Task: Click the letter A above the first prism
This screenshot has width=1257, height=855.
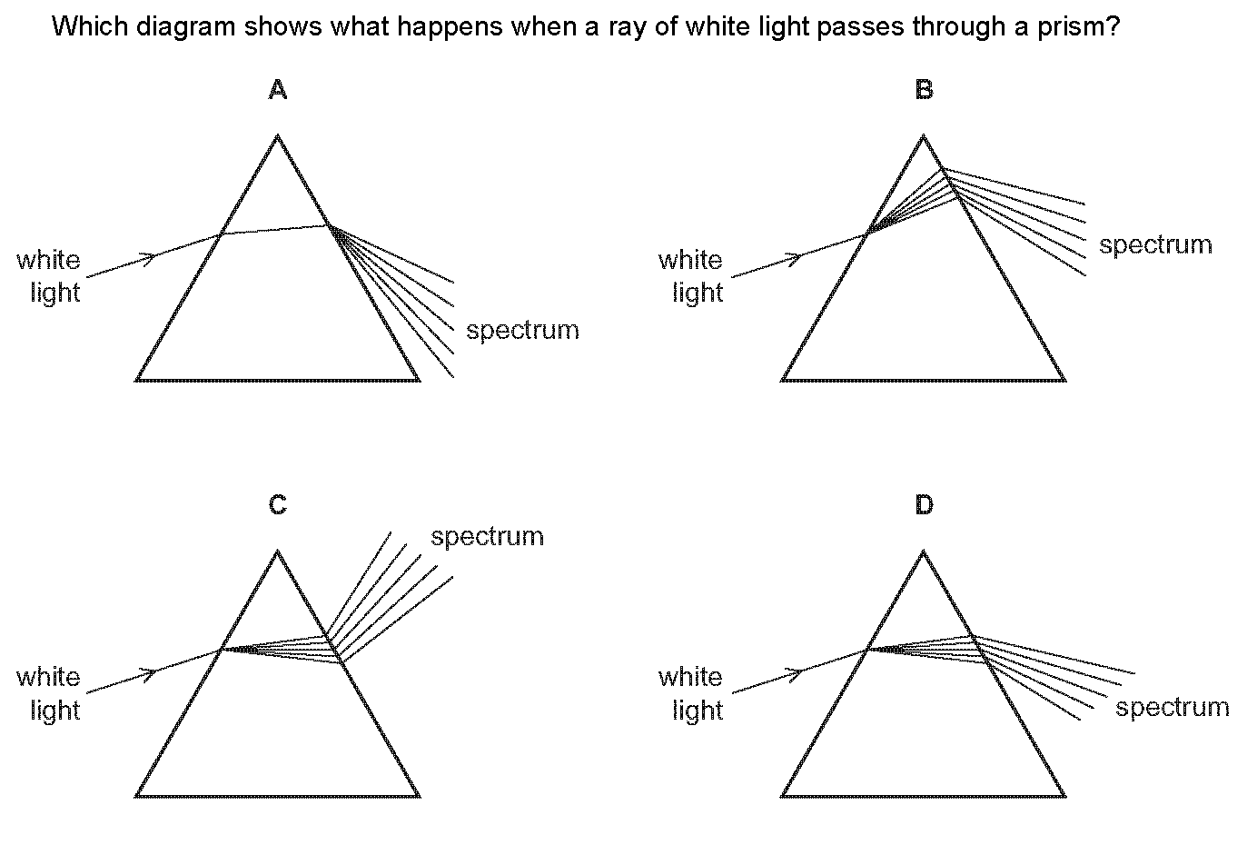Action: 278,90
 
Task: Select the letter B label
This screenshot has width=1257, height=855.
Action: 924,90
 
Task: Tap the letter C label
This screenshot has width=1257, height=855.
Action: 278,505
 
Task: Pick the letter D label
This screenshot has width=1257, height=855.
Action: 924,505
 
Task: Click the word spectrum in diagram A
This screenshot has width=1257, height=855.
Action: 522,331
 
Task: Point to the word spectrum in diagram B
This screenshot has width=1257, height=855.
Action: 1155,245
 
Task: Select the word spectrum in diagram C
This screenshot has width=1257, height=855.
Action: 487,537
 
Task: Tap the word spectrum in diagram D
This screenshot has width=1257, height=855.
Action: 1172,708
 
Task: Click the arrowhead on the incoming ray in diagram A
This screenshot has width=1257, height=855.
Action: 151,257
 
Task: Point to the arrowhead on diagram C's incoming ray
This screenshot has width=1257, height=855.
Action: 151,673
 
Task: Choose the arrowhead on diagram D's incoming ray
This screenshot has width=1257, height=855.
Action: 796,673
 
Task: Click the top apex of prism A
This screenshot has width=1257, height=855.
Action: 278,137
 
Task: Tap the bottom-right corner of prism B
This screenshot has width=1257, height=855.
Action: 1064,380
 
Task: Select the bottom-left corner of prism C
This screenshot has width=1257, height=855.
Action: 137,796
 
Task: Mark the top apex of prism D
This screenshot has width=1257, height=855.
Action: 924,552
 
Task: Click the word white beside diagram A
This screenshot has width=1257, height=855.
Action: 48,261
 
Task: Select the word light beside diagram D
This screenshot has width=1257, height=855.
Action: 698,710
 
